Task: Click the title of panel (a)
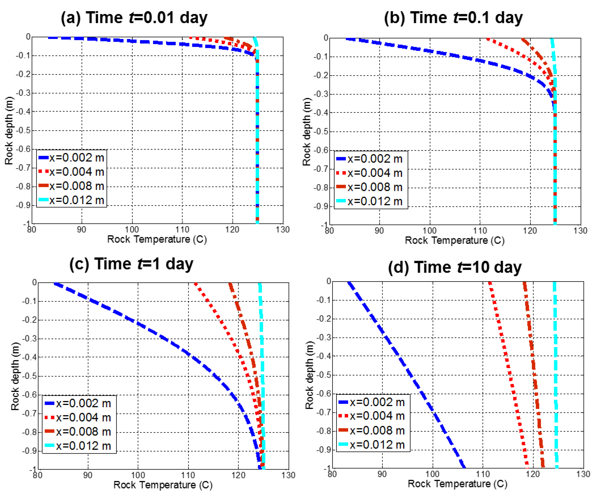(x=134, y=18)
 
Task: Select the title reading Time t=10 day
(x=455, y=267)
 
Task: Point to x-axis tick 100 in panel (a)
(x=132, y=230)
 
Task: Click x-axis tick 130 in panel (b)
(x=580, y=231)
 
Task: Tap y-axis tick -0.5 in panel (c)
(x=30, y=376)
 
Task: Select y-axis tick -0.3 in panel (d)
(x=324, y=337)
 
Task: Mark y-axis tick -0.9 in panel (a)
(x=23, y=205)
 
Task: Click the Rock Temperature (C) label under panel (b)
(x=455, y=240)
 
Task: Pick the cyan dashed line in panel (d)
(x=555, y=370)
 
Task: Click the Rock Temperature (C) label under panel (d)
(x=457, y=484)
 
